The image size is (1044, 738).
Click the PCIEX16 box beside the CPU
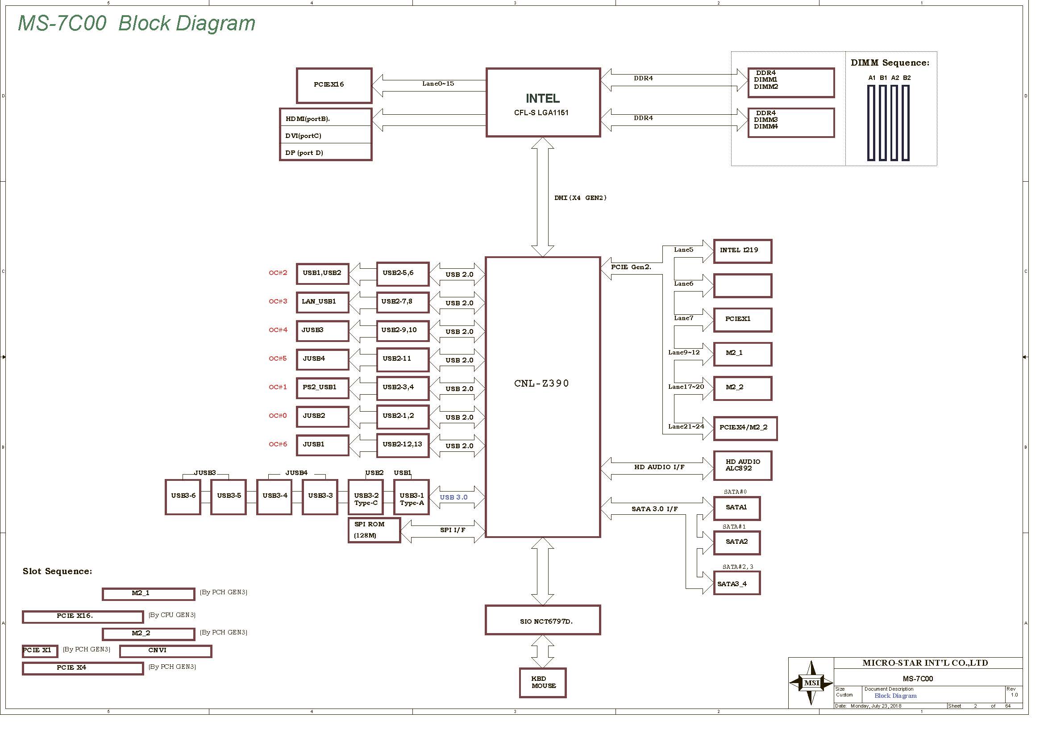pos(334,85)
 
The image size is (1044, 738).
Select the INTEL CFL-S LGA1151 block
pos(543,102)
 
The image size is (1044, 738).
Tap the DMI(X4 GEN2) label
pos(580,198)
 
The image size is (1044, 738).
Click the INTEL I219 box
pos(743,251)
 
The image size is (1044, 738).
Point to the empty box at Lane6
pos(743,286)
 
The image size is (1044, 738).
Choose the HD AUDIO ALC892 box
pos(743,466)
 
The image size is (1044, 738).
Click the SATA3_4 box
pos(736,584)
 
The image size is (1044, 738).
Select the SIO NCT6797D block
pos(543,620)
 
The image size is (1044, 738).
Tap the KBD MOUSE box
pos(543,683)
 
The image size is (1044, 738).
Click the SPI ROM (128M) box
pos(374,530)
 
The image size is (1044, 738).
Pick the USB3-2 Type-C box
pos(366,497)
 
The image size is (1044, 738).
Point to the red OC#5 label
pos(278,359)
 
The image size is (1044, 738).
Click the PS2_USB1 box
pos(322,388)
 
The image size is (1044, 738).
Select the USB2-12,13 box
pos(403,445)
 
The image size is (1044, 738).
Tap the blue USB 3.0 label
pos(454,497)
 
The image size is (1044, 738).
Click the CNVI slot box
pos(166,651)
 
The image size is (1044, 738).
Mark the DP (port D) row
pos(325,152)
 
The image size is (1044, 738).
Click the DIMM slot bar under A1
pos(871,123)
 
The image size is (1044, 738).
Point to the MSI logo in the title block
pos(811,683)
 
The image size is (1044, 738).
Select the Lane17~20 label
pos(686,387)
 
